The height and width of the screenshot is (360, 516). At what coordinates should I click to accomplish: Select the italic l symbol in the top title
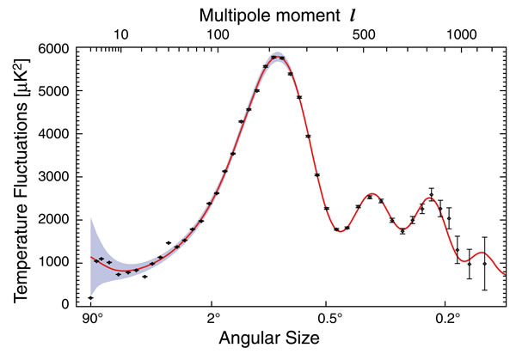point(349,14)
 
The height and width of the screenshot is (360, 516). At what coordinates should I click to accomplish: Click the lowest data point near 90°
point(90,297)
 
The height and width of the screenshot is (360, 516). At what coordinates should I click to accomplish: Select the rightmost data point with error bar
point(484,264)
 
